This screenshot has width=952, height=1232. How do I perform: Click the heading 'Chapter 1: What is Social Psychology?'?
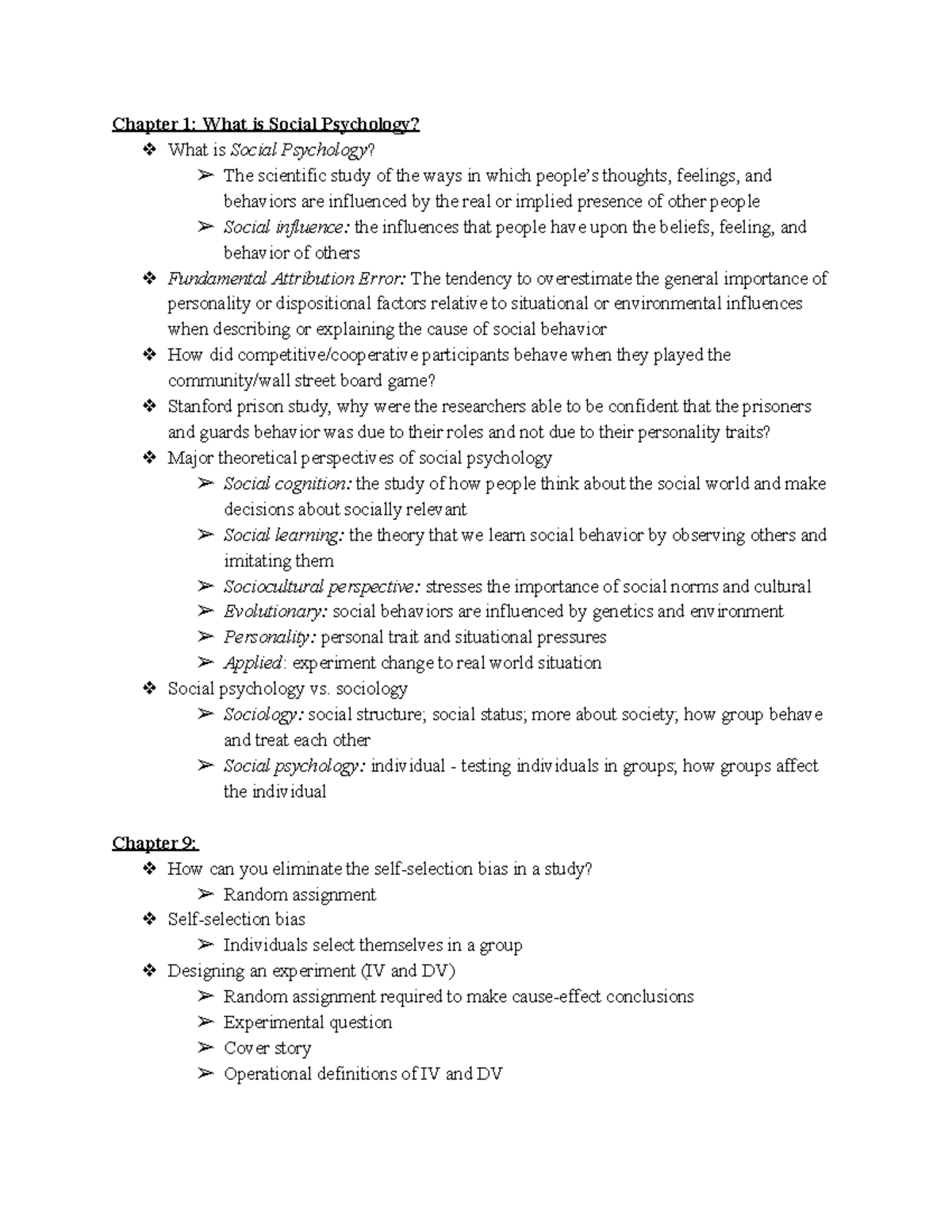(265, 125)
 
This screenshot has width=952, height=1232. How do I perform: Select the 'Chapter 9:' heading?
(155, 842)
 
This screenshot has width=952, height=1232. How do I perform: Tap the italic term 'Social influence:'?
(286, 228)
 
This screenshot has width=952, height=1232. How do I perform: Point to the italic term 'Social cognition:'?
(287, 484)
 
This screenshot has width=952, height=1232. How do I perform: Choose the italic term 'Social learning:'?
(283, 535)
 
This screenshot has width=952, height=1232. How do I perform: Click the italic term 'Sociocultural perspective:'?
(321, 587)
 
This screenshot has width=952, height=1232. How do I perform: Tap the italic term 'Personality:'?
(268, 637)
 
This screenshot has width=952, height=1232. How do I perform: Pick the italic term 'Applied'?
(252, 663)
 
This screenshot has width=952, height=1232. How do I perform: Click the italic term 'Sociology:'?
(263, 715)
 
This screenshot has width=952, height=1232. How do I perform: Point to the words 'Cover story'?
(267, 1048)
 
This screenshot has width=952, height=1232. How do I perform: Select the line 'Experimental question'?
(308, 1023)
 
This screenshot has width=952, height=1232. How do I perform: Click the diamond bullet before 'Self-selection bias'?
(149, 919)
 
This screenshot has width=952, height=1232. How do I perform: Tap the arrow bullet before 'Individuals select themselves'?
(205, 945)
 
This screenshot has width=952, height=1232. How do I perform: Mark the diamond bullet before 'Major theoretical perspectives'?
(149, 458)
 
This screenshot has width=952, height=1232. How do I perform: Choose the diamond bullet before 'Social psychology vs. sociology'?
(149, 689)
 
